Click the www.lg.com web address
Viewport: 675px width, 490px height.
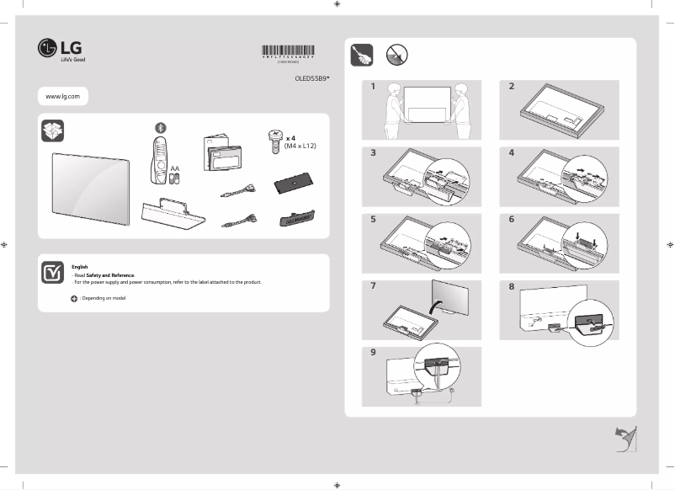coord(62,97)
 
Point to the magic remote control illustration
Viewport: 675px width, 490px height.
coord(160,160)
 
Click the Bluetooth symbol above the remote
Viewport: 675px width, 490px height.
coord(161,126)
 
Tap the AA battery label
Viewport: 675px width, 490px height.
coord(175,168)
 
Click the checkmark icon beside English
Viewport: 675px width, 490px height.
coord(52,272)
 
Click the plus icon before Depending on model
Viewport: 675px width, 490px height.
coord(74,299)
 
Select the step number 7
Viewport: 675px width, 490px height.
coord(372,287)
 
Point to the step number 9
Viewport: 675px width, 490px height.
coord(372,353)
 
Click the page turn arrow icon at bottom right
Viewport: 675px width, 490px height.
coord(624,438)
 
